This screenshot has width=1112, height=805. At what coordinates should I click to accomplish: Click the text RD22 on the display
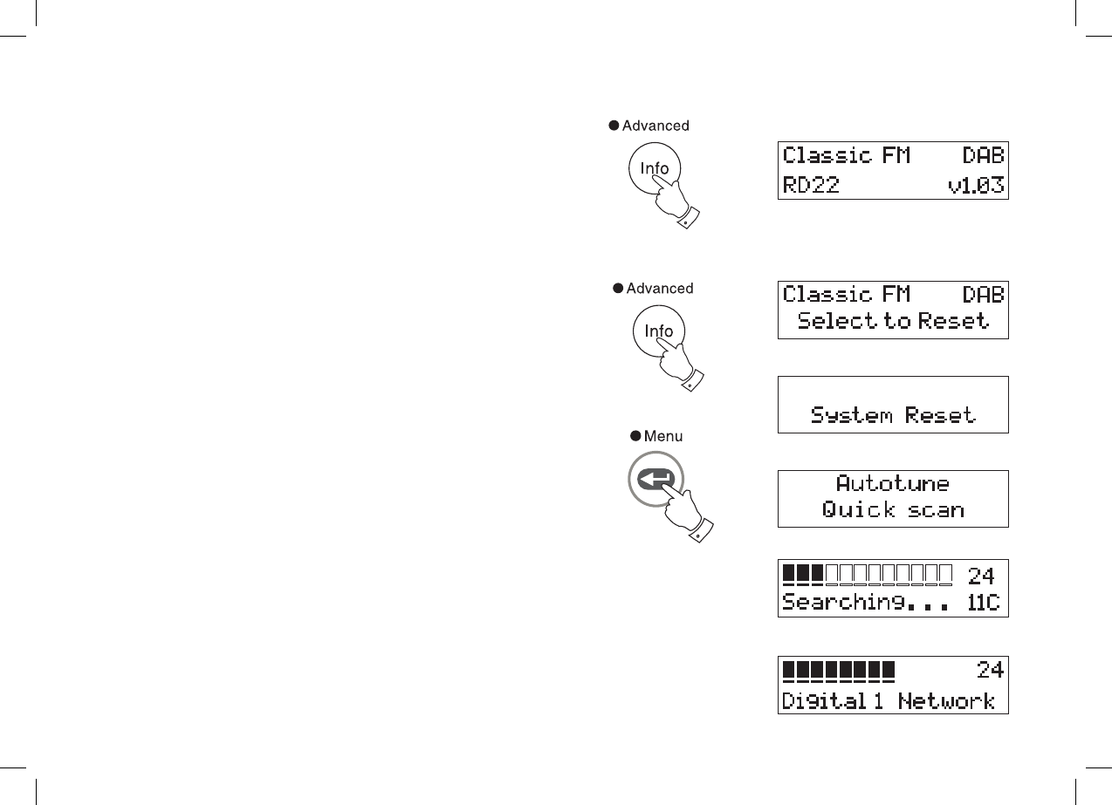[811, 184]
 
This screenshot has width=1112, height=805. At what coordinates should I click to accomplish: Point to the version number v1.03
[976, 184]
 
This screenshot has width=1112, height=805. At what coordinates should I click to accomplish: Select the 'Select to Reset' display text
[893, 321]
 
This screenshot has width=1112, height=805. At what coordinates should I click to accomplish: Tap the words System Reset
[893, 414]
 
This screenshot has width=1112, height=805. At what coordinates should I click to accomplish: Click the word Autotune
[893, 483]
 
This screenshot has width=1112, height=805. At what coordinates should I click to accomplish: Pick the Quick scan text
[893, 509]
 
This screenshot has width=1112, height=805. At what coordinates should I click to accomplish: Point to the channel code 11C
[984, 602]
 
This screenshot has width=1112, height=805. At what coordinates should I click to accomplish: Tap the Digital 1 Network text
[888, 700]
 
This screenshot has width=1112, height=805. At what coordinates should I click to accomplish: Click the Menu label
[663, 435]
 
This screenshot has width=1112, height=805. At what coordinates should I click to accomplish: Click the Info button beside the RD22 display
[655, 169]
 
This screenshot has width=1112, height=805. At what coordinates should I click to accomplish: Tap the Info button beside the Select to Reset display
[658, 331]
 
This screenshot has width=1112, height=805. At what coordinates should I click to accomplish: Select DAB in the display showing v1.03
[983, 156]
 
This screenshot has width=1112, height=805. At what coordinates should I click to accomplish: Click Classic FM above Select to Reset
[846, 294]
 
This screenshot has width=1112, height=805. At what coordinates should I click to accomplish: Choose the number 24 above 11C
[981, 576]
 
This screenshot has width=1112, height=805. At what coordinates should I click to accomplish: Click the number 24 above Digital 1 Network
[990, 670]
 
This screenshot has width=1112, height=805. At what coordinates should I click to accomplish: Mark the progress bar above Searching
[867, 575]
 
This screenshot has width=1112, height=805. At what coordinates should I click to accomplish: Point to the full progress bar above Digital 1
[839, 670]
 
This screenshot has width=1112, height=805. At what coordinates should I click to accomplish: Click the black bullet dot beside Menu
[635, 435]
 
